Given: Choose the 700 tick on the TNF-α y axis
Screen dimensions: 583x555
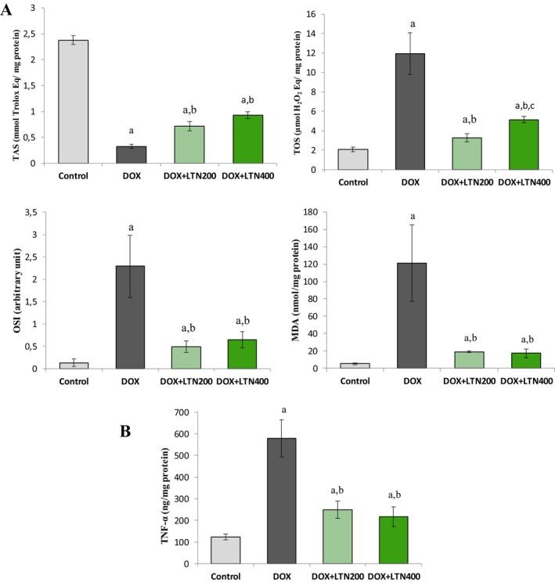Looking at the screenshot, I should [x=185, y=412].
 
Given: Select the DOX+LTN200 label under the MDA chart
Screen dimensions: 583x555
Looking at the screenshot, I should [x=468, y=381].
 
